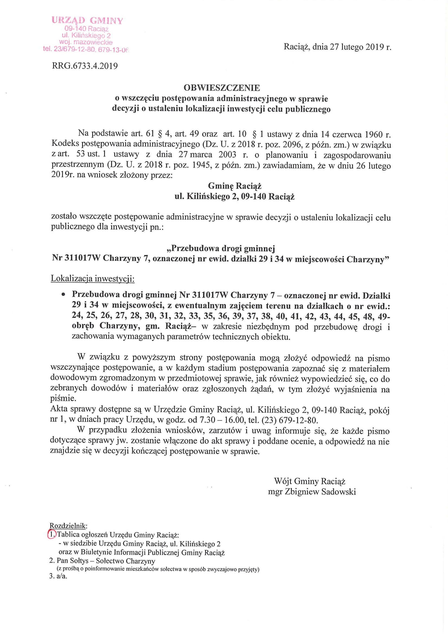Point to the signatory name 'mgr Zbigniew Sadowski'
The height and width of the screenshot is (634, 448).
click(x=312, y=492)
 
